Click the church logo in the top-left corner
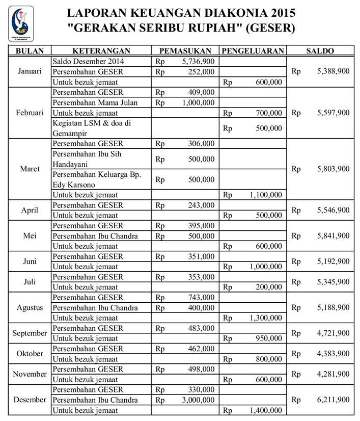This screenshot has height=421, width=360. tap(21, 23)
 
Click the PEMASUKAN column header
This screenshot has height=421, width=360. tap(185, 51)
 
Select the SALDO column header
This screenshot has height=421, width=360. tap(320, 51)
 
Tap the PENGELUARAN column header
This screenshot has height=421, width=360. tap(253, 51)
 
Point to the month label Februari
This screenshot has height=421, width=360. tap(29, 113)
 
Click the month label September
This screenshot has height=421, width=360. tap(30, 333)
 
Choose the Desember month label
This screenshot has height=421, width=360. tap(30, 400)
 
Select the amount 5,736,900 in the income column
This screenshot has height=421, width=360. tap(198, 61)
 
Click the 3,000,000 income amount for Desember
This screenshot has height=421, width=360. tap(198, 400)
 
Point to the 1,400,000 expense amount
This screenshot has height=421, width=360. tap(265, 410)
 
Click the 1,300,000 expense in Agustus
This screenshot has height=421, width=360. tap(265, 318)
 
